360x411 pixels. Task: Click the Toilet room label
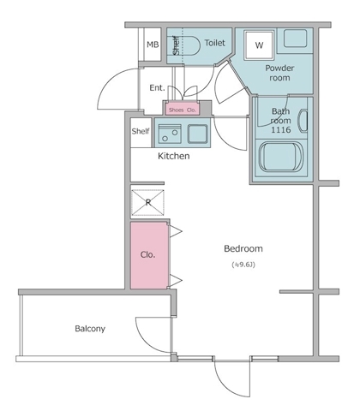[215, 43]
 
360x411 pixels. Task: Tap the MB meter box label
[153, 45]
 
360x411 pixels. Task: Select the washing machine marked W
[259, 45]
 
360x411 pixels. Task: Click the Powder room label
[279, 73]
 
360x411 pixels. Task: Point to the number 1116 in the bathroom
[280, 130]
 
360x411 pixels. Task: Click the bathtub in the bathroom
[280, 158]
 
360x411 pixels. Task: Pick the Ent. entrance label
[157, 87]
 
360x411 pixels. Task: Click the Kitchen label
[174, 156]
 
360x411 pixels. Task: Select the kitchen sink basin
[197, 134]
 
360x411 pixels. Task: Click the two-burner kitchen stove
[170, 134]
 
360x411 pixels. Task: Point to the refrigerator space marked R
[147, 202]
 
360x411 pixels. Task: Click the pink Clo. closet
[149, 255]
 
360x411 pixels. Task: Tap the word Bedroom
[243, 248]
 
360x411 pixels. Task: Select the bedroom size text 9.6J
[243, 265]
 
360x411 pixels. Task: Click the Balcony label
[90, 329]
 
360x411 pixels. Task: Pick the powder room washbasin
[296, 39]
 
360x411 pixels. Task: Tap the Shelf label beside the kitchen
[141, 131]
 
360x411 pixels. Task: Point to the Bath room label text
[281, 116]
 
